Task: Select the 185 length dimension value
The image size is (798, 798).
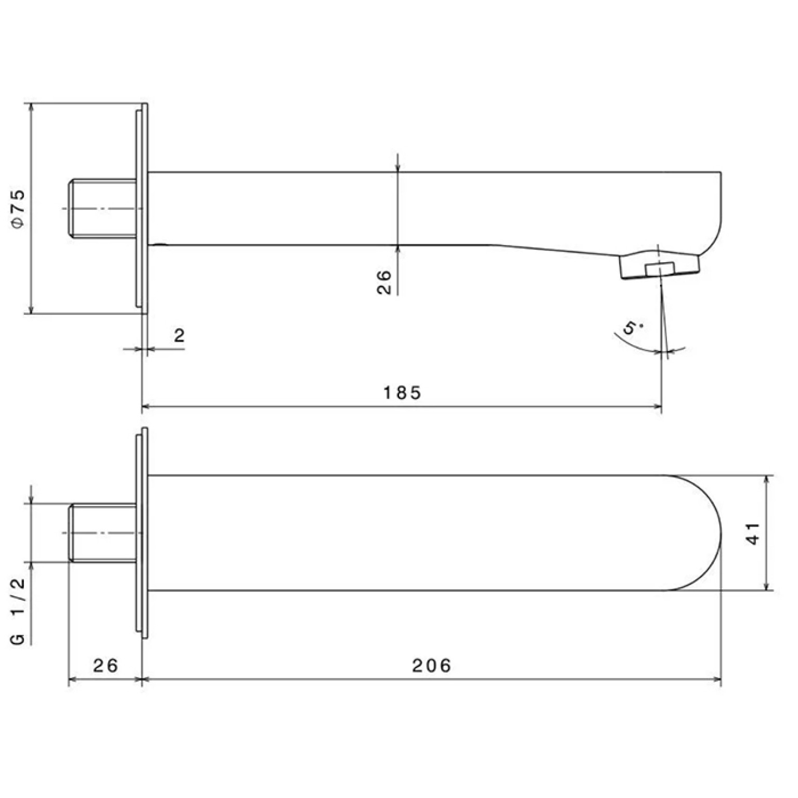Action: coord(402,392)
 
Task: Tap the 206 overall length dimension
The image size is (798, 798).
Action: coord(432,665)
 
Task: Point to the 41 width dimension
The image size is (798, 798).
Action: coord(753,533)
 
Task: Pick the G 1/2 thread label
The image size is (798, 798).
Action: coord(18,611)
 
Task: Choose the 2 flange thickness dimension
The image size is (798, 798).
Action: coord(179,336)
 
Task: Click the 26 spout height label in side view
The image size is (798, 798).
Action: coord(384,282)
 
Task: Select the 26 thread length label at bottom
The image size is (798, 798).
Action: coord(106,665)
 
